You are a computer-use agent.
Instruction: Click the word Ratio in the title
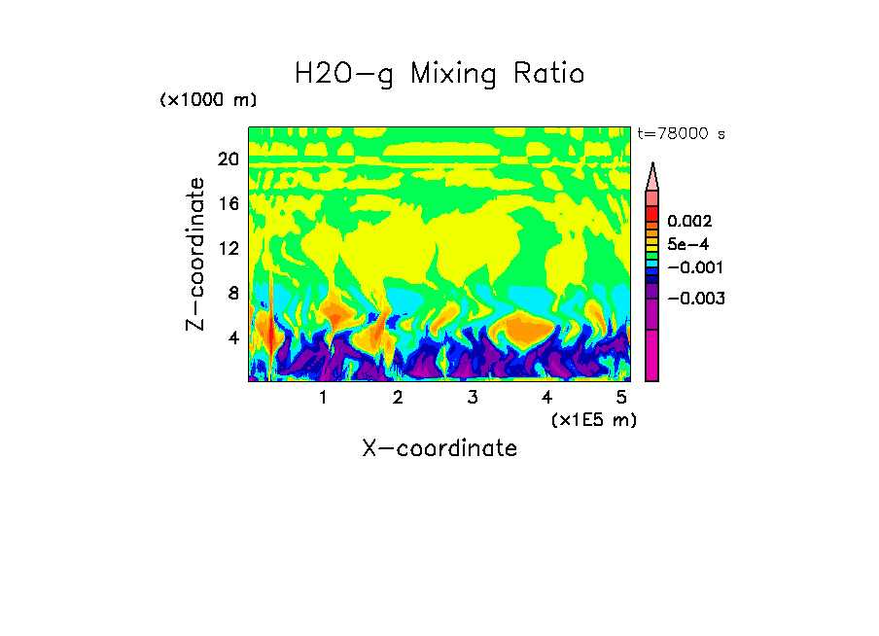(x=547, y=73)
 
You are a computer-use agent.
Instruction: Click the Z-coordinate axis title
(x=196, y=254)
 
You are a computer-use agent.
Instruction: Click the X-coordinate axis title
(x=439, y=448)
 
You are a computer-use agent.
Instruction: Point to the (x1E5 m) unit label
(x=593, y=419)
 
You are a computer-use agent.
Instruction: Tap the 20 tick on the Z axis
(x=228, y=159)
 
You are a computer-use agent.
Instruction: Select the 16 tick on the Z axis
(x=228, y=204)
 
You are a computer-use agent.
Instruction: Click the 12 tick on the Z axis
(x=228, y=248)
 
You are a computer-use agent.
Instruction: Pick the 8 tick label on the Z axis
(x=232, y=293)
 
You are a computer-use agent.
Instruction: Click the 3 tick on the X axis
(x=472, y=398)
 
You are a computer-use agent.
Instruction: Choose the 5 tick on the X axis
(x=621, y=398)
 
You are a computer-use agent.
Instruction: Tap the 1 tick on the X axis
(x=323, y=398)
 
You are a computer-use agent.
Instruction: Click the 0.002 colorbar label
(x=688, y=222)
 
